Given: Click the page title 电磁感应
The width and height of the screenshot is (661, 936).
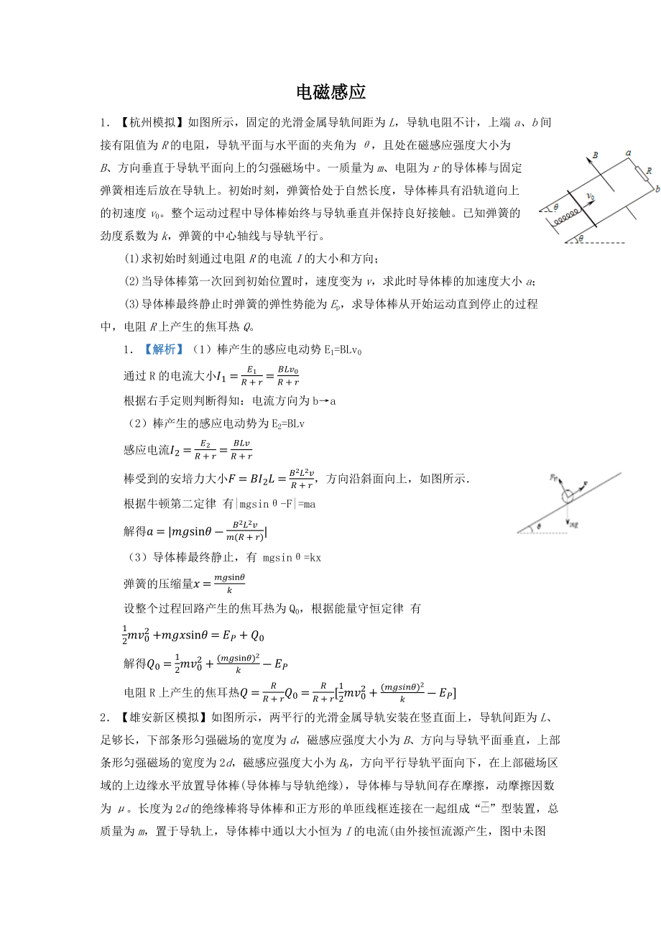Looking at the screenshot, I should (330, 92).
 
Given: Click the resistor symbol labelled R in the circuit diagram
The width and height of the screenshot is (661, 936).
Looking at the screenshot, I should (640, 173).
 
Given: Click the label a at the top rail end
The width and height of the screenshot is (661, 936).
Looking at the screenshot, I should (628, 153).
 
